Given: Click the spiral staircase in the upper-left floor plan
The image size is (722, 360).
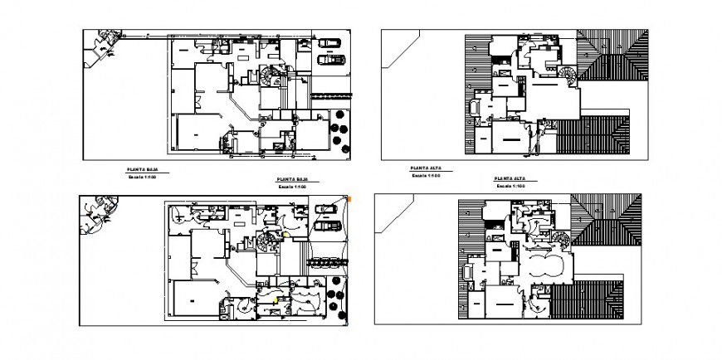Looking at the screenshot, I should click(x=271, y=76).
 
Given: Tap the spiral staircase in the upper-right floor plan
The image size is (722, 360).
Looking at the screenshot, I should click(x=567, y=75).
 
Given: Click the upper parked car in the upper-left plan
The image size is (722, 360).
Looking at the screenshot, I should click(x=329, y=42).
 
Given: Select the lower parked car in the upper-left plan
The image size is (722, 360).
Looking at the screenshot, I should click(x=333, y=59).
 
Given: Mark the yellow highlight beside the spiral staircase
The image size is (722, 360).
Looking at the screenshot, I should click(x=285, y=235).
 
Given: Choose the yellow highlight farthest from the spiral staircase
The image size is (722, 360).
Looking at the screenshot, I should click(x=276, y=298).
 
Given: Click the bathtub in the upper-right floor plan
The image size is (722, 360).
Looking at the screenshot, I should click(x=475, y=108).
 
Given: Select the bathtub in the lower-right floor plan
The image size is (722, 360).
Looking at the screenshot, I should click(x=469, y=271).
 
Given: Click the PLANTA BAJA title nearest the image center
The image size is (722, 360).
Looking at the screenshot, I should click(x=292, y=179).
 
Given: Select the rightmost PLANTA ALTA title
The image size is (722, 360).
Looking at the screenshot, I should click(x=509, y=179).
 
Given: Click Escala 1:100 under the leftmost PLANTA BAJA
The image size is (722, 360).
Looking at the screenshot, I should click(x=143, y=176).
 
